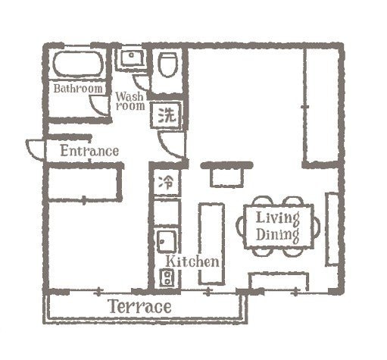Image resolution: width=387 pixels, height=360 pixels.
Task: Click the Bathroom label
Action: click(77, 89)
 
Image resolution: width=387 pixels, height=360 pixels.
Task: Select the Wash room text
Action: click(130, 102)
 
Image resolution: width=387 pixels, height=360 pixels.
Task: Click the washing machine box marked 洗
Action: click(167, 116)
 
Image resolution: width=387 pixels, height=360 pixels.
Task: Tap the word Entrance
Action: click(89, 151)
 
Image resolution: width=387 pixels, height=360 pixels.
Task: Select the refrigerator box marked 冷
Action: click(166, 182)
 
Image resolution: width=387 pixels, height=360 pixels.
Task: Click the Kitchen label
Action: click(193, 261)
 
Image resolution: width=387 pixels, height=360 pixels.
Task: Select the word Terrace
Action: click(139, 308)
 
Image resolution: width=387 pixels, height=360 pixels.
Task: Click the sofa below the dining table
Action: click(279, 282)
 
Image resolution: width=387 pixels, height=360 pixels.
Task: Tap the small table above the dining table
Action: click(226, 176)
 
